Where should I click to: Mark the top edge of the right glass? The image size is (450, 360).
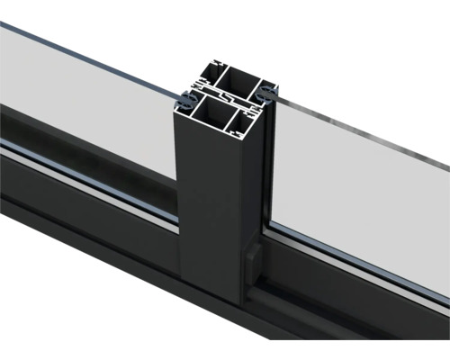coord(360,135)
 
